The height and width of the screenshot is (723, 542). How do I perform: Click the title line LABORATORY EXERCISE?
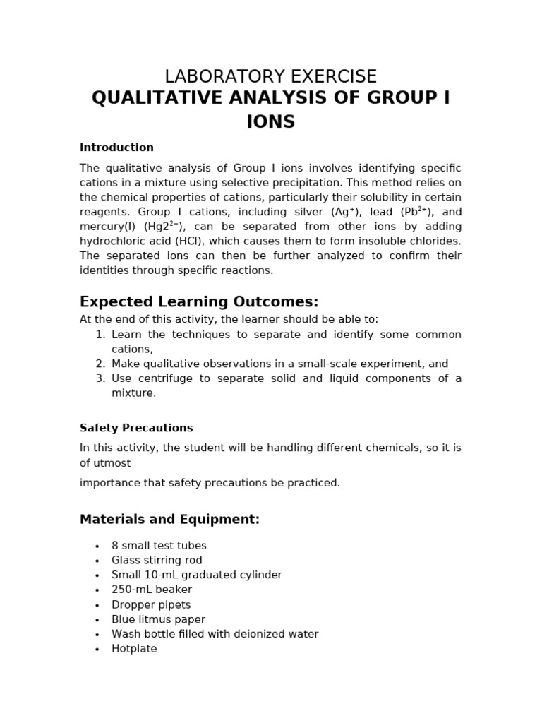pyautogui.click(x=270, y=76)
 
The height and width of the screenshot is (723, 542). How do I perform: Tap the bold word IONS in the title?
pyautogui.click(x=270, y=122)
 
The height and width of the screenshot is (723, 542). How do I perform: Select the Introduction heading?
pyautogui.click(x=116, y=148)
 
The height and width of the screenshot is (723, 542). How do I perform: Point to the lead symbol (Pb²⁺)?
pyautogui.click(x=420, y=212)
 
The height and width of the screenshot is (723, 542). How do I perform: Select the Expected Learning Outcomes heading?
pyautogui.click(x=199, y=301)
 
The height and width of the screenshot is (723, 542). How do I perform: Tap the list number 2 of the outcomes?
pyautogui.click(x=100, y=364)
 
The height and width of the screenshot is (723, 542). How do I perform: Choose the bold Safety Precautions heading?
pyautogui.click(x=136, y=428)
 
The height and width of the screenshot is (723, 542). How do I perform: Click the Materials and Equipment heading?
pyautogui.click(x=169, y=520)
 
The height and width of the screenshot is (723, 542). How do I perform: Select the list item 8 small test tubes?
pyautogui.click(x=159, y=546)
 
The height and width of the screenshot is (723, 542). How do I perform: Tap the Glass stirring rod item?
pyautogui.click(x=157, y=561)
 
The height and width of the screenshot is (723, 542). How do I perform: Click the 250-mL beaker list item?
pyautogui.click(x=152, y=590)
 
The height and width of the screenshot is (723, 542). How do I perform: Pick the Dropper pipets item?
pyautogui.click(x=151, y=604)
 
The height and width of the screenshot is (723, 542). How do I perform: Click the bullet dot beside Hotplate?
pyautogui.click(x=97, y=649)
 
